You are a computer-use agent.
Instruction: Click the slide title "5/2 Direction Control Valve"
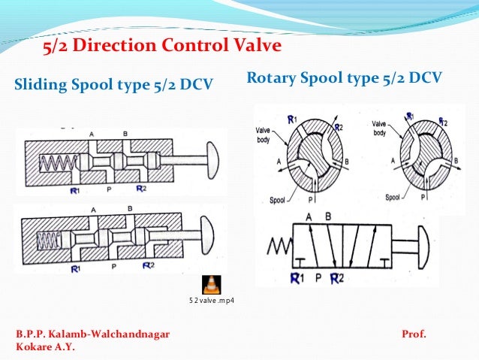[x=161, y=47]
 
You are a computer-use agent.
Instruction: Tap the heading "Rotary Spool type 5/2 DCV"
[x=344, y=78]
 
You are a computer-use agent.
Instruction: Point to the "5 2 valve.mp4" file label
[x=211, y=301]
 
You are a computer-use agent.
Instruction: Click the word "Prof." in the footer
[x=414, y=332]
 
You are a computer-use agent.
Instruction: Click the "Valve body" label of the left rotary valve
[x=261, y=133]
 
